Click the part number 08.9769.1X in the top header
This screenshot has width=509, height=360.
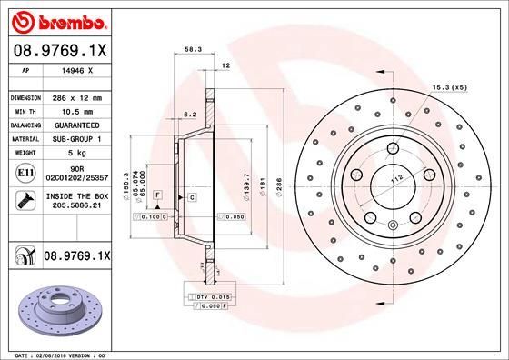point(61,52)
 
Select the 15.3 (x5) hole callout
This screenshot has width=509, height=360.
point(448,86)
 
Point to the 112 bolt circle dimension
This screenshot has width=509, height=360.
point(396,179)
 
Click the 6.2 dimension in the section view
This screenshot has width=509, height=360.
point(190,114)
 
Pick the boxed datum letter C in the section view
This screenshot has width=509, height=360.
point(193,197)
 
